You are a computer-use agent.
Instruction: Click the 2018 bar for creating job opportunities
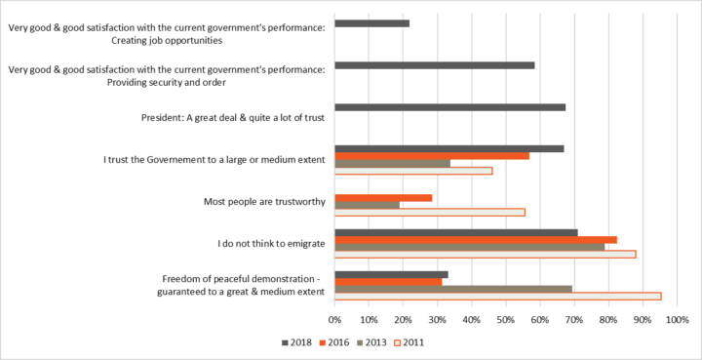[x=372, y=23]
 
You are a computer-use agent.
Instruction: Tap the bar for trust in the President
[x=449, y=107]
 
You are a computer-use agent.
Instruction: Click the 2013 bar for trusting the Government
[x=393, y=164]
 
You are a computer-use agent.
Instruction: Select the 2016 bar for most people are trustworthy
[x=383, y=198]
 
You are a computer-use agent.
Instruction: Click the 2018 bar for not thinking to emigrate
[x=456, y=233]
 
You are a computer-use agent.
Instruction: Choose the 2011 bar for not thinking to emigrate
[x=486, y=255]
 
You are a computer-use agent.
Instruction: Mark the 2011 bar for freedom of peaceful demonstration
[x=498, y=297]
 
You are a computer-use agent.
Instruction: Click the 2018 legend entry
[x=296, y=343]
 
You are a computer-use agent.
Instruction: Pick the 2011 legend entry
[x=409, y=343]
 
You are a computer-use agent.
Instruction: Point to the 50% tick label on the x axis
[x=506, y=321]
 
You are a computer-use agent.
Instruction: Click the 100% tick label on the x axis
[x=677, y=321]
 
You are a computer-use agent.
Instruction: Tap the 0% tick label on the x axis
[x=334, y=321]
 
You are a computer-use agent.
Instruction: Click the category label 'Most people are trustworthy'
[x=264, y=202]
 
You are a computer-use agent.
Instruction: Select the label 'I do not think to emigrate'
[x=271, y=244]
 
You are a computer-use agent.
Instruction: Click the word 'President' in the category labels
[x=159, y=118]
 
